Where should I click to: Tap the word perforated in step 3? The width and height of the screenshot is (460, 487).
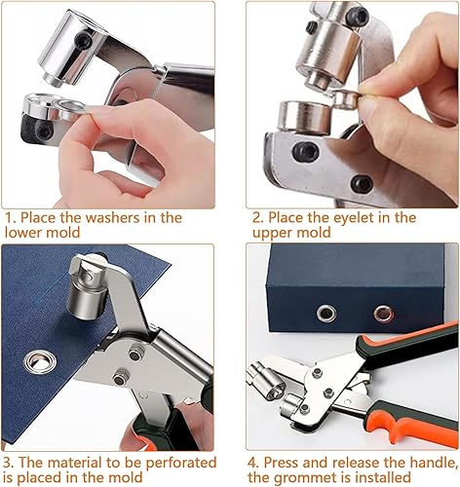click(x=181, y=463)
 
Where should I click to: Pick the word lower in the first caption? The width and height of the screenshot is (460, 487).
click(x=22, y=233)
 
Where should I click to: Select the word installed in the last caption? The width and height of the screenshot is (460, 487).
click(x=383, y=477)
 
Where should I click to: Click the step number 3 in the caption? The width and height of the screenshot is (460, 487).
click(x=8, y=463)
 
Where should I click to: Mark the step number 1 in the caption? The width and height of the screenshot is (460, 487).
click(x=8, y=217)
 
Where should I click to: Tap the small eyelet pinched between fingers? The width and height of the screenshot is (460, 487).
click(x=347, y=99)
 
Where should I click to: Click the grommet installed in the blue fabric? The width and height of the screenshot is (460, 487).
click(x=40, y=361)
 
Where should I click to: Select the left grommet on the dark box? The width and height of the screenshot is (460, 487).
click(x=326, y=314)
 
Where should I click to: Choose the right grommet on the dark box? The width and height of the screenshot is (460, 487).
click(x=384, y=314)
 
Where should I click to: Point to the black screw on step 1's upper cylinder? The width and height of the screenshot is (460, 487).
click(x=82, y=39)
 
